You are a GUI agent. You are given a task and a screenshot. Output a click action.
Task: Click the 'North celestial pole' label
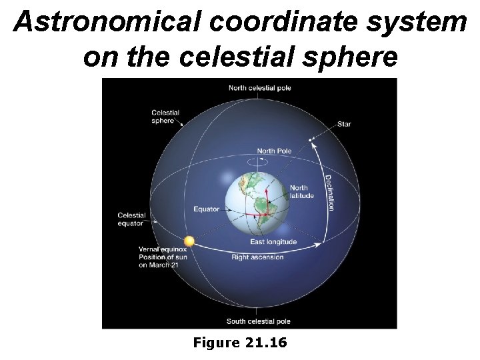coord(259,88)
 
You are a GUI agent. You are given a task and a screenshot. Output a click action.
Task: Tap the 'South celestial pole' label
coord(258,321)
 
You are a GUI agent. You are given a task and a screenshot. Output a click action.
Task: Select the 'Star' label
coord(344,124)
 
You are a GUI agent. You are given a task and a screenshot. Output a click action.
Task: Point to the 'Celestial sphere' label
coord(165,117)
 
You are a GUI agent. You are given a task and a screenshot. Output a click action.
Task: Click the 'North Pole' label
coord(274,151)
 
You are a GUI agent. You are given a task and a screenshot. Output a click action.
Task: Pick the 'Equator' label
coord(206,209)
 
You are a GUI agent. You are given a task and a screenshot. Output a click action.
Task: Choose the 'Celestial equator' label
coord(131,219)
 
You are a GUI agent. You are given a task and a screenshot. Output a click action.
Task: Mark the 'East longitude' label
coord(273,241)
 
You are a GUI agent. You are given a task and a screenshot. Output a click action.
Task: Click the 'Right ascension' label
coord(257,257)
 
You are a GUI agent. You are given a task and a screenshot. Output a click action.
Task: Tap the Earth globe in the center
coord(257,197)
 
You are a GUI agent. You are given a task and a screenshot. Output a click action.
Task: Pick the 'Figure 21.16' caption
coord(239,343)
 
